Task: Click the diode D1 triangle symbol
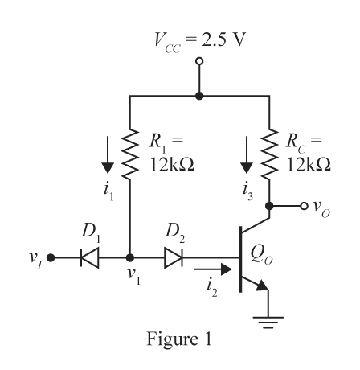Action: [90, 258]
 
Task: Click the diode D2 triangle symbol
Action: [174, 258]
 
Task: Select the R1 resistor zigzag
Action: [130, 154]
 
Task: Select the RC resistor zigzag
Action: [269, 154]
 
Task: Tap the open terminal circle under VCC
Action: [199, 61]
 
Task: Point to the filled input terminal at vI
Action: [51, 258]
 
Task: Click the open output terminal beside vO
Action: [304, 206]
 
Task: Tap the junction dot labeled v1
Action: [130, 258]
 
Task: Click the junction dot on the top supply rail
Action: [199, 96]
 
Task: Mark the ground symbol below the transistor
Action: [268, 323]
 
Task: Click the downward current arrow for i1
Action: [108, 154]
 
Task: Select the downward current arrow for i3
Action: [247, 154]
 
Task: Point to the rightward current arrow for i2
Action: [213, 269]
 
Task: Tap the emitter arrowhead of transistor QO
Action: [263, 286]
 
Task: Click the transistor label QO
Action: [262, 255]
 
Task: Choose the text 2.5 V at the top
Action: [223, 39]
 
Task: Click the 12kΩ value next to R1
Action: [172, 164]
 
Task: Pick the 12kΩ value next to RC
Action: [309, 164]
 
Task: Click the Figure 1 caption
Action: [179, 339]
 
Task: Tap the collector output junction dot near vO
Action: [269, 206]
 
